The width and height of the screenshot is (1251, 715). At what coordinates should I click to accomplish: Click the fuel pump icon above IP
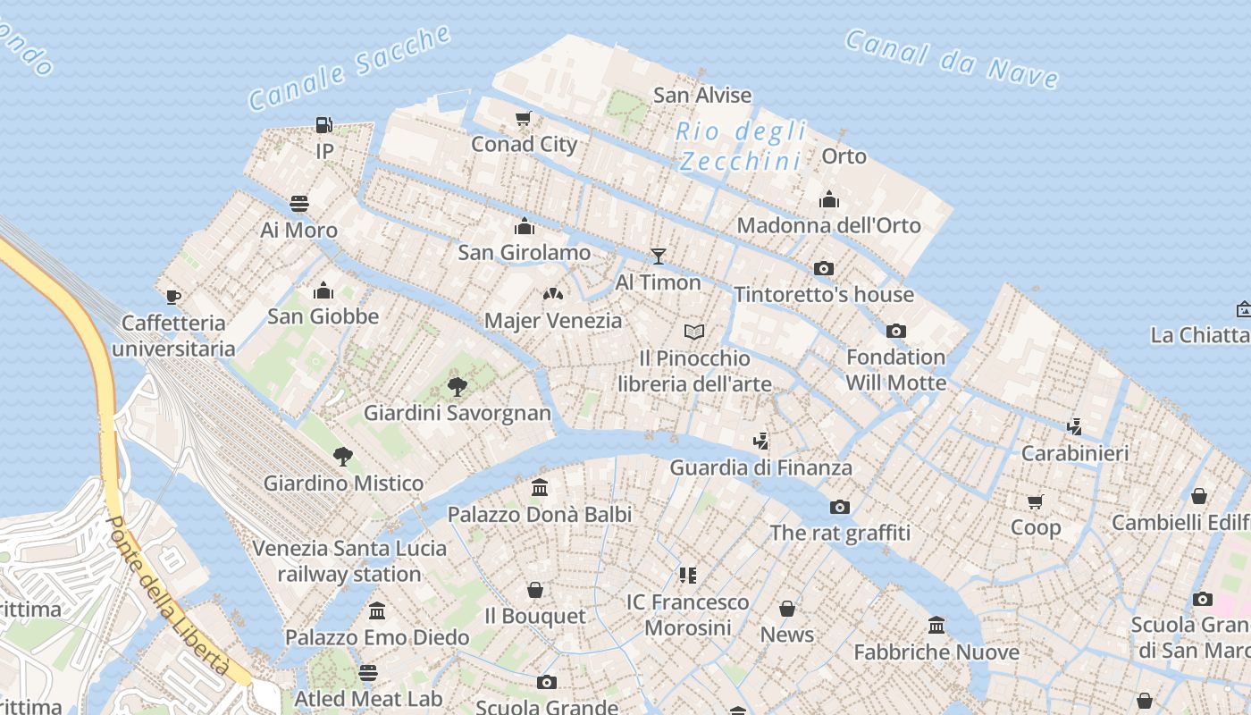click(x=323, y=125)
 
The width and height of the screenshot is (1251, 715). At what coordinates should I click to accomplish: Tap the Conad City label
click(x=524, y=144)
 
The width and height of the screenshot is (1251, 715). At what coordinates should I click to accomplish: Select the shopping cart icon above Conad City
click(x=524, y=118)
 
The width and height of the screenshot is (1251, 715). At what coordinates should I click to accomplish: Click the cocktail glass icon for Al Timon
click(x=659, y=257)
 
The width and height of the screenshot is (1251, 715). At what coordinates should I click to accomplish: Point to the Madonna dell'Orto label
click(x=828, y=225)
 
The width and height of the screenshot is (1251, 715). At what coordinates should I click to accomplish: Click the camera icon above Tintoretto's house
click(x=824, y=268)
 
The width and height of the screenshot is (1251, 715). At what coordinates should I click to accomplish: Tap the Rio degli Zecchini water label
click(x=740, y=147)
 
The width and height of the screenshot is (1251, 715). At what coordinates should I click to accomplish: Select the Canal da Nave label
click(x=952, y=59)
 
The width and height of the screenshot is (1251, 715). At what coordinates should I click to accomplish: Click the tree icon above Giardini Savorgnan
click(x=458, y=387)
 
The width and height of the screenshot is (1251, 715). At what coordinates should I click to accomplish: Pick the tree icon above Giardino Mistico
click(x=343, y=457)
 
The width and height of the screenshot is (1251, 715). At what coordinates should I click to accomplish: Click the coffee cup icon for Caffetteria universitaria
click(x=173, y=297)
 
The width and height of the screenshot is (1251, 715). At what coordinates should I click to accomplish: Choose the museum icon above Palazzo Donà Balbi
click(x=540, y=488)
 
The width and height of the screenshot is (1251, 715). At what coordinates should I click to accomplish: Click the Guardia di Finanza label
click(x=760, y=467)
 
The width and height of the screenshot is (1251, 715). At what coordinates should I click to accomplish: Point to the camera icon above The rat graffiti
click(x=840, y=507)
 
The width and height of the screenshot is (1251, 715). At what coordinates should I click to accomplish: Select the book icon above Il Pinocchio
click(x=694, y=332)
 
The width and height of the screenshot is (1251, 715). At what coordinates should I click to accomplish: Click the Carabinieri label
click(x=1074, y=453)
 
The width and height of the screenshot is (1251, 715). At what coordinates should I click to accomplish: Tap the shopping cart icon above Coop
click(x=1036, y=501)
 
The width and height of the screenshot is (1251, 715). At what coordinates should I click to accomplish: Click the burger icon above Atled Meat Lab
click(x=368, y=672)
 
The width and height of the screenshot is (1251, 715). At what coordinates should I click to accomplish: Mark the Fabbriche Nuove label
click(x=936, y=652)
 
